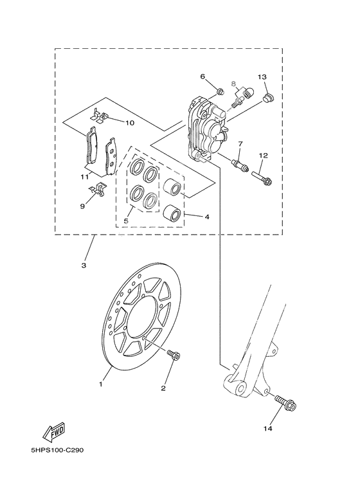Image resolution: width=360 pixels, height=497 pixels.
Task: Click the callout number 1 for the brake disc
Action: (x=100, y=384)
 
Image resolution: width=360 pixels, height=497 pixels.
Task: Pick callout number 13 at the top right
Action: (x=262, y=77)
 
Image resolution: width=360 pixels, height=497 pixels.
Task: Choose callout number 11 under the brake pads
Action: (x=84, y=176)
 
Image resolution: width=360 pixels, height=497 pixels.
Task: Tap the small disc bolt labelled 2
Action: (x=173, y=354)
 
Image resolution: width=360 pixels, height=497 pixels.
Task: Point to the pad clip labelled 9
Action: (x=96, y=190)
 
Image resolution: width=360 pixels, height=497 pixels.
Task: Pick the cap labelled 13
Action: (x=269, y=98)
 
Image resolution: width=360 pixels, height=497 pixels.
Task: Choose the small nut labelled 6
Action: (x=219, y=91)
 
